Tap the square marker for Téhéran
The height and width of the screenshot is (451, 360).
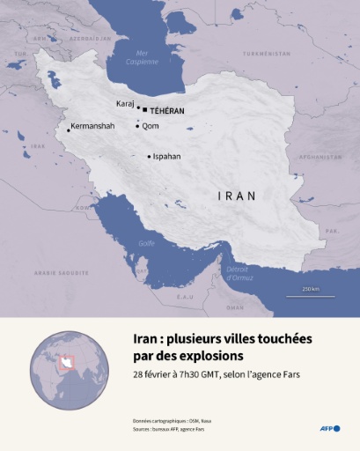pos(145,111)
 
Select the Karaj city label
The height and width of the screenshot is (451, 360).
pos(125,103)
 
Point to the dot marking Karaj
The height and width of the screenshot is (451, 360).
pos(138,107)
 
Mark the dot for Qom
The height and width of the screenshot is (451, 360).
pos(137,126)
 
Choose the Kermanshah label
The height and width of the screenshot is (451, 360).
pos(93,127)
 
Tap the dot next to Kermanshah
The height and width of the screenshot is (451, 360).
pos(69,130)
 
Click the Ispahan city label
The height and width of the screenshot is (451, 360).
pos(166,156)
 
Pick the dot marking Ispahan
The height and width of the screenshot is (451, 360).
pos(149,157)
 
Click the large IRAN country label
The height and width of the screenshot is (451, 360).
pos(236,196)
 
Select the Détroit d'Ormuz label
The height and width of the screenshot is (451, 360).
pos(239,274)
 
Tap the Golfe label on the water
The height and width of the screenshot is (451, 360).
pos(146,243)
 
